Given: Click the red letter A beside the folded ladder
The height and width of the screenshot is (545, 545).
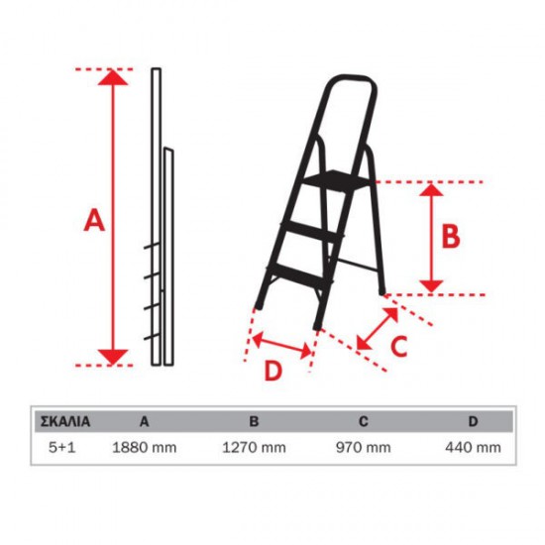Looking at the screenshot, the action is (x=94, y=220).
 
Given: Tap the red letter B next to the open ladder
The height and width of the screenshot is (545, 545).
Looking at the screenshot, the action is (x=451, y=236).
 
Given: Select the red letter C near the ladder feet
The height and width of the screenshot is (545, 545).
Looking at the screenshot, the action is (x=399, y=346).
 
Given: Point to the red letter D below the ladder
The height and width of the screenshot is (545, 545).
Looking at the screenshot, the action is (x=272, y=372).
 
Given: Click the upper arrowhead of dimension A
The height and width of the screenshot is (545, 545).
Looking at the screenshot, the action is (x=113, y=77).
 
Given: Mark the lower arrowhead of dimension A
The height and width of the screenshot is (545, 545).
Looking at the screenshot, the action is (x=113, y=358).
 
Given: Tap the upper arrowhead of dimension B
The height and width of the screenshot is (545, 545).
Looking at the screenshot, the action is (x=431, y=190).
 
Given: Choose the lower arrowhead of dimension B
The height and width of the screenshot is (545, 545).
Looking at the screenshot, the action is (x=431, y=286).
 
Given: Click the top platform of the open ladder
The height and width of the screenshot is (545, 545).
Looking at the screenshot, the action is (x=337, y=179).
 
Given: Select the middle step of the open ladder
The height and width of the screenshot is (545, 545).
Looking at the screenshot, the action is (x=312, y=230).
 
